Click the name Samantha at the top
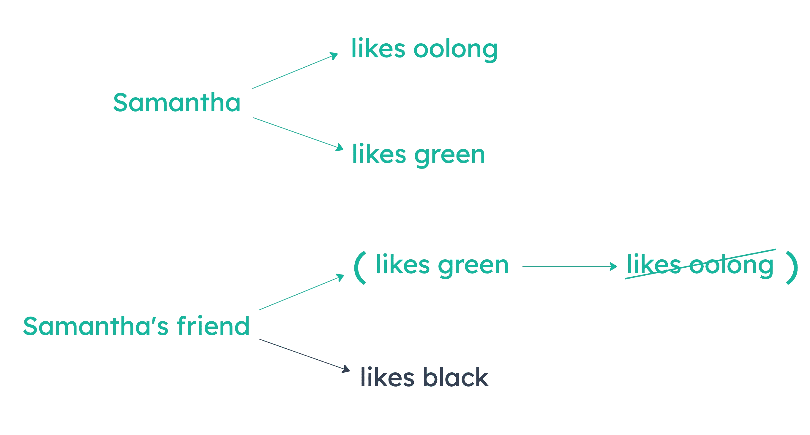[177, 102]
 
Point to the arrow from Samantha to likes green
[298, 133]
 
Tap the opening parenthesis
[359, 268]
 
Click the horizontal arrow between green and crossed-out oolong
[569, 266]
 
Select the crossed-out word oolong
[731, 265]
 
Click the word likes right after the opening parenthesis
[402, 264]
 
